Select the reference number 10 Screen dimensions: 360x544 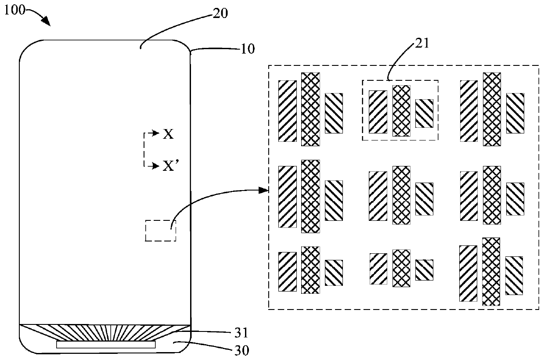point(248,48)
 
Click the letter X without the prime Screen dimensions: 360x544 point(169,134)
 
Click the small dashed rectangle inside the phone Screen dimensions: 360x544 point(160,231)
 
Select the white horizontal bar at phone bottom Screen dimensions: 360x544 point(106,345)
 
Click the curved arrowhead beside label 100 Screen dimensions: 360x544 point(46,21)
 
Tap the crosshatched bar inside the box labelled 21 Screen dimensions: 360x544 point(401,111)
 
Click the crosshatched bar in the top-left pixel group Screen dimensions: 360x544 point(310,109)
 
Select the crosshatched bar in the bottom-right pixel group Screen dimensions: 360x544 point(491,271)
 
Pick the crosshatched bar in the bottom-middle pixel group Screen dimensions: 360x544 point(401,268)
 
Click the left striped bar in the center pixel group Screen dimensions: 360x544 point(378,196)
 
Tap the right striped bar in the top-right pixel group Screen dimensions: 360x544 point(515,113)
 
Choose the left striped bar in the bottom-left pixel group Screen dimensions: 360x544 point(288,271)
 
